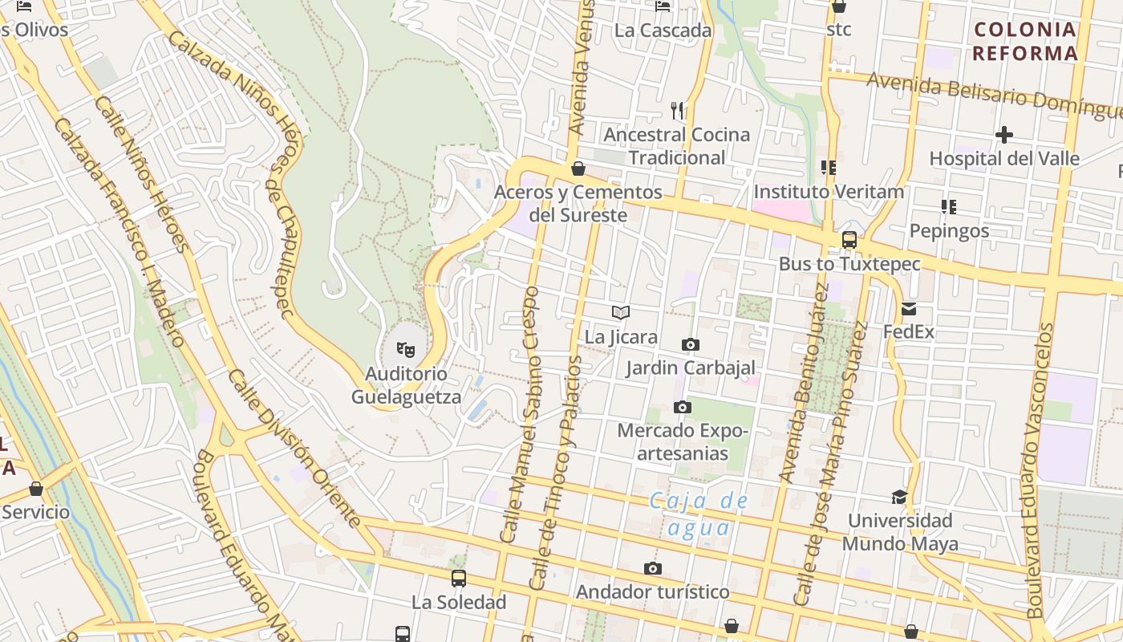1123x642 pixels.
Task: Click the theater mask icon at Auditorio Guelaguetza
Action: pos(407,349)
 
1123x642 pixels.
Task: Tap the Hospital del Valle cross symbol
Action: pos(1003,135)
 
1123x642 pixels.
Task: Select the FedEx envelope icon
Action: pos(908,309)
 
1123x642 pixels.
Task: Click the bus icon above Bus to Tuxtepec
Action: pos(849,240)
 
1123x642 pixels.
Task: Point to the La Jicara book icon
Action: pos(621,313)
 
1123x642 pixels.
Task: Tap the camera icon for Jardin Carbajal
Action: pos(690,345)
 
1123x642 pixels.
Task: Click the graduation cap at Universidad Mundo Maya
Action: pos(899,497)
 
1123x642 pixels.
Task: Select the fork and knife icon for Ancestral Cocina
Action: pos(677,111)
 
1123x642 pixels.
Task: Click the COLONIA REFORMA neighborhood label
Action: pos(1025,42)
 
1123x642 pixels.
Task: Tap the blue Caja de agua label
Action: pos(699,514)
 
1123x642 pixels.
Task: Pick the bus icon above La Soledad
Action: pos(459,578)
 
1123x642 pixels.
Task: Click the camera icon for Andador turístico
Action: pos(653,569)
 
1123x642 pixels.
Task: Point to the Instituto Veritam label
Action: pos(829,192)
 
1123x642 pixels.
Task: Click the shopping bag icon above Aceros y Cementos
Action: pos(578,169)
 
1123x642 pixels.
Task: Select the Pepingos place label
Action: pos(949,231)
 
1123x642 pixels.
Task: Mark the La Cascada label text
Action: pos(663,30)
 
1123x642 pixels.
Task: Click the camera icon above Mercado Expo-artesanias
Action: pos(682,408)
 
